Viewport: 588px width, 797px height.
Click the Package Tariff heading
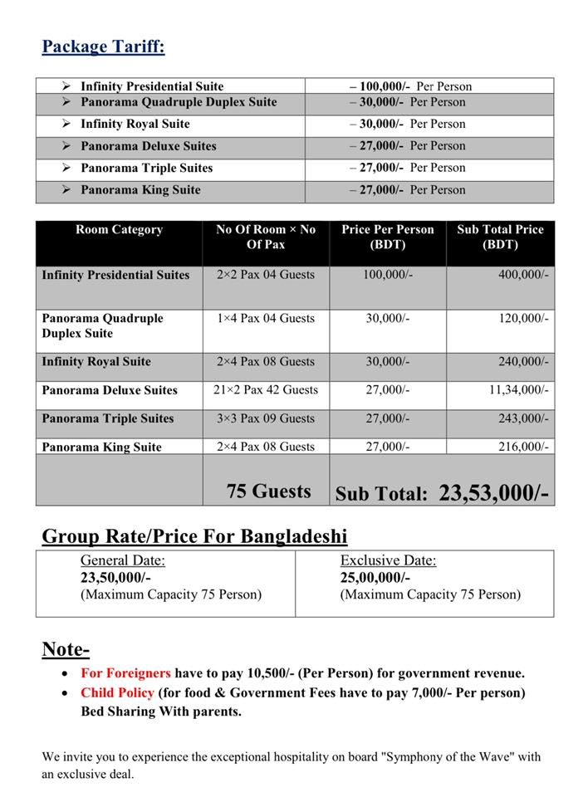[103, 46]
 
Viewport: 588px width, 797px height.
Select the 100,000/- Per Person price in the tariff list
[410, 86]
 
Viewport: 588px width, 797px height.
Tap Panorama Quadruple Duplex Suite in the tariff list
[179, 102]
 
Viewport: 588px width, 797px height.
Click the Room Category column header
[119, 230]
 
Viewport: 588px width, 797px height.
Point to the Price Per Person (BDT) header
[387, 237]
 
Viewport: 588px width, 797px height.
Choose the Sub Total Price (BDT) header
[499, 237]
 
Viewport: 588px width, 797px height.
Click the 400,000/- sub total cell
[523, 275]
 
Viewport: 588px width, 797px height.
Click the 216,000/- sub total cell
[523, 447]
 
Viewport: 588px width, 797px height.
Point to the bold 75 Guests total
[268, 491]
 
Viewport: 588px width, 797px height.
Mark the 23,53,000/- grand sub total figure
[493, 493]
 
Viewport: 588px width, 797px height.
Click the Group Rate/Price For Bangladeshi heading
[194, 535]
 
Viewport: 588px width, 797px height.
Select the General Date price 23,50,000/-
[115, 578]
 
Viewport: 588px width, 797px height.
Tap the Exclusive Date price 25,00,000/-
[375, 578]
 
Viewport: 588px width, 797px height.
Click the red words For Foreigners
[125, 673]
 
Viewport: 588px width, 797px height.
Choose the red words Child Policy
[117, 692]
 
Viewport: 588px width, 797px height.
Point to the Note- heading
[66, 649]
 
